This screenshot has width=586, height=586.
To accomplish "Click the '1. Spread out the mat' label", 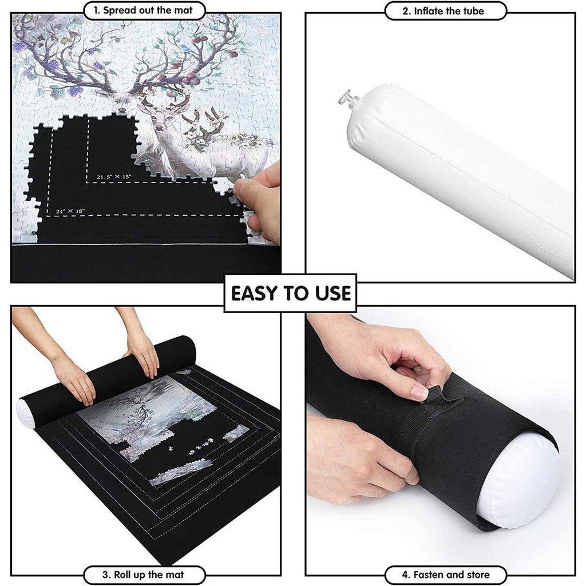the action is pos(144,10).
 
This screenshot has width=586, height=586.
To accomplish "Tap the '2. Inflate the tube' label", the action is pos(445,11).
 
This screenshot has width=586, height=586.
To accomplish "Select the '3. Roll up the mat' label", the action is pos(144,575).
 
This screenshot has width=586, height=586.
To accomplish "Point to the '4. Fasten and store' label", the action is pos(445,575).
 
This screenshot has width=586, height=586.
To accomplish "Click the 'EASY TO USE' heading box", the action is pos(290,294).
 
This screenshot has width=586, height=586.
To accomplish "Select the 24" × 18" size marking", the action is pos(70,211).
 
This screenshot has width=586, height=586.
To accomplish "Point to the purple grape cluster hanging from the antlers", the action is pos(76,90).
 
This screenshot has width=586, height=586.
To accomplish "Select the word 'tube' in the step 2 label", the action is pos(473,11).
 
